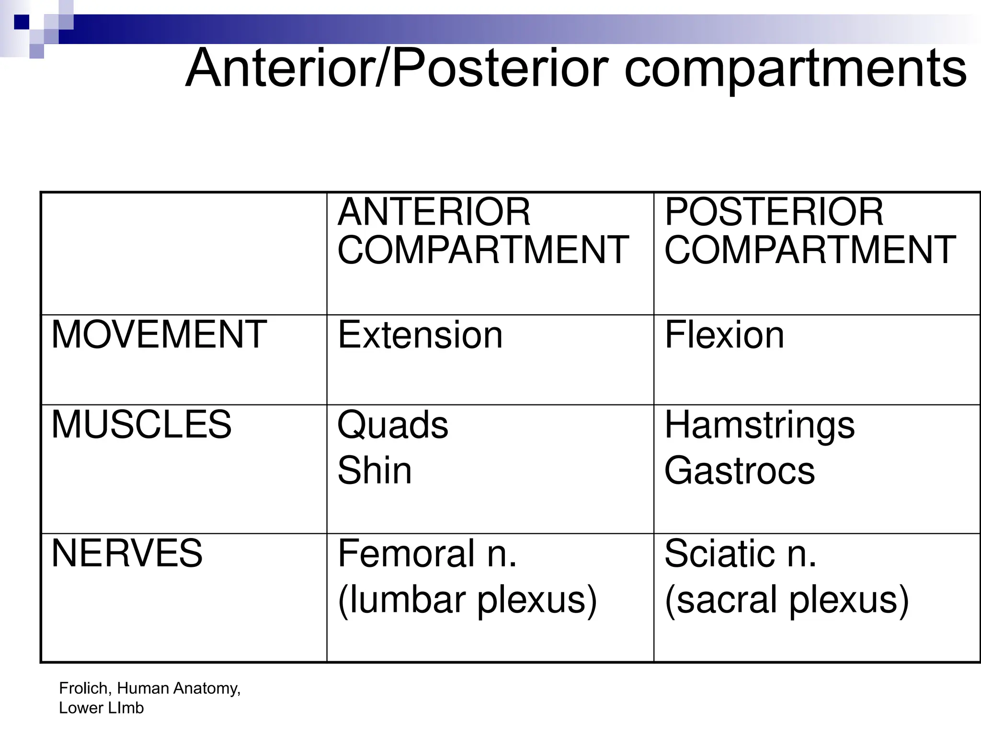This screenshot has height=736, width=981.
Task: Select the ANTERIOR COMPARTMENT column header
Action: coord(483,231)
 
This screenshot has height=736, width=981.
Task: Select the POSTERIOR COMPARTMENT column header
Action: coord(810,231)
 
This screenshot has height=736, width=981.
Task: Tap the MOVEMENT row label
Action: coord(159,334)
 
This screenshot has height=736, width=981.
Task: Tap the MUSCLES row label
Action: coord(141,425)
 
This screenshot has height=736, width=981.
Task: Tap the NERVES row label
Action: coord(127,553)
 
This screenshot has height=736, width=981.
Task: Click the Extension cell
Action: coord(420,335)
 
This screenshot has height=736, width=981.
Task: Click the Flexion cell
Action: coord(724,335)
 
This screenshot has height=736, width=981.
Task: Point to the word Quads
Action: coord(393,425)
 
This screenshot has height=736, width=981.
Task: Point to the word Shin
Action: coord(375,471)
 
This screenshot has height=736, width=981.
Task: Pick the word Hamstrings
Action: coord(759,425)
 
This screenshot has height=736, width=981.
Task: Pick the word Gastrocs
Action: coord(740,471)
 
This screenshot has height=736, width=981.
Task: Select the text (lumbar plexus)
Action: coord(468,599)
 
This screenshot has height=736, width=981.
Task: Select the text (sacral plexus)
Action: coord(787,599)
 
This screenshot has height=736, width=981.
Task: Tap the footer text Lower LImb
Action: coord(101,708)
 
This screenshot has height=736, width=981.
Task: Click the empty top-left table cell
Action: coord(184,253)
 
